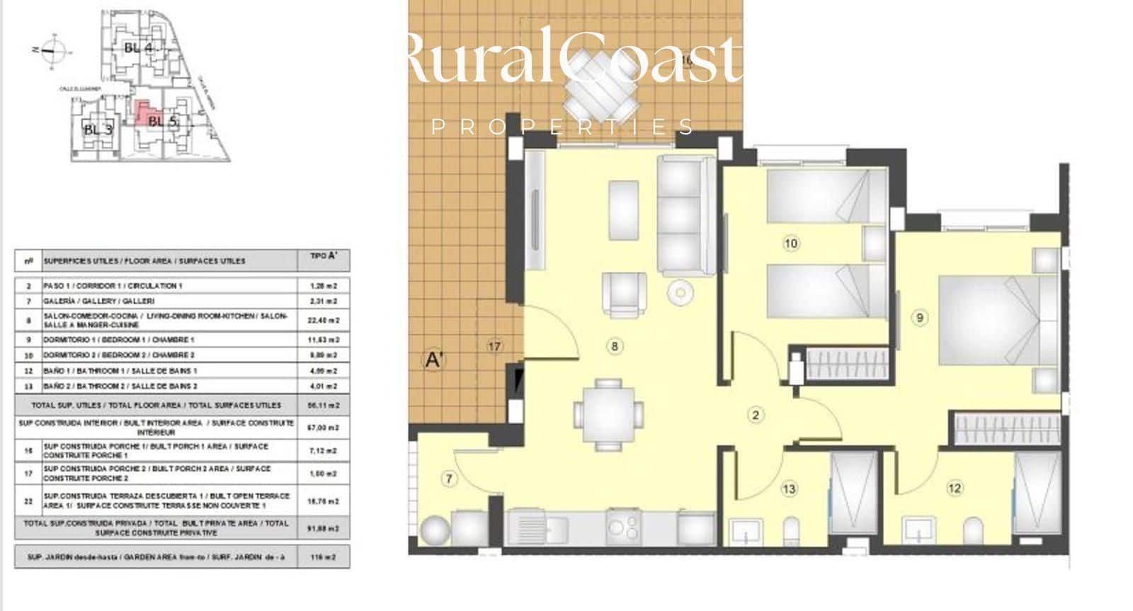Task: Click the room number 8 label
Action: coord(615,346)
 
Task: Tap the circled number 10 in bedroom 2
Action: coord(791,244)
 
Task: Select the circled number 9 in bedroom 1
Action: coord(920,318)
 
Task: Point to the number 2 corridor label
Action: coord(756,415)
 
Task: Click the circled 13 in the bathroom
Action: coord(789,489)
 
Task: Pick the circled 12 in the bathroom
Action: coord(955,488)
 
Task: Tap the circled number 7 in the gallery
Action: coord(449,479)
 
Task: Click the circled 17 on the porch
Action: coord(494,346)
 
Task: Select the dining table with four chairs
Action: coord(608,414)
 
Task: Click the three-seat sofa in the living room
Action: coord(684,216)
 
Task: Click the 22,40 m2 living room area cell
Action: coord(324,320)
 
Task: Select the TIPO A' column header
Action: coord(324,259)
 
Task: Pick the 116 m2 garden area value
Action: coord(324,557)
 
